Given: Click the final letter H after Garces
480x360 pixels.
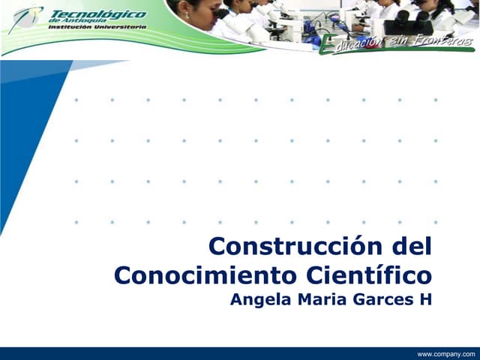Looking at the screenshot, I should [x=426, y=300].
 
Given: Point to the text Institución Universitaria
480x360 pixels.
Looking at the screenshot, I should [x=97, y=26].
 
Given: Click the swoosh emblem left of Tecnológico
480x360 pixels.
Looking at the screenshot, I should [x=26, y=18].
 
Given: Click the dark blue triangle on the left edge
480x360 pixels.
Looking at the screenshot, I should [x=22, y=127].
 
